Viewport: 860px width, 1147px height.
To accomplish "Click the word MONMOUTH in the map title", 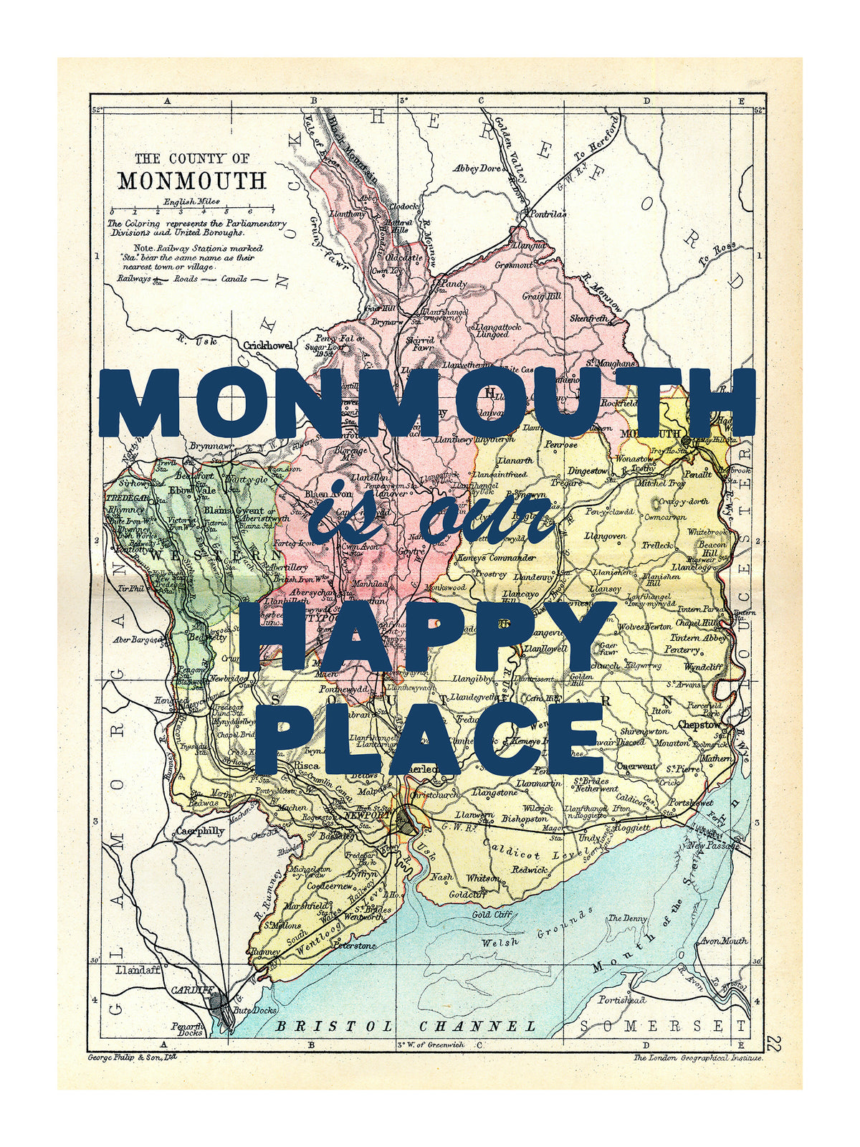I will point(191,180).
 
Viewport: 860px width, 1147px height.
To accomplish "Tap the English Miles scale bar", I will point(181,212).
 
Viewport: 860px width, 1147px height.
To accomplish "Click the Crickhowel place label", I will point(268,346).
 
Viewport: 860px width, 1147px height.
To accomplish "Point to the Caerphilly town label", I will point(200,832).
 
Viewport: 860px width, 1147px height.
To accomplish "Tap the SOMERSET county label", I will point(663,1027).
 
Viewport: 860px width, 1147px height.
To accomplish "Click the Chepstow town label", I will point(700,725).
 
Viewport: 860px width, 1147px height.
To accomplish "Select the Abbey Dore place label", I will point(477,168).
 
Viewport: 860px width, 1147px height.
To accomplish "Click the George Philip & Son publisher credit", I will point(131,1057).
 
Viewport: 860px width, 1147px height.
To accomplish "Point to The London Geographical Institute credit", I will point(698,1057).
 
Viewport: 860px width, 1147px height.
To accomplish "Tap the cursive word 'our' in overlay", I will point(487,518).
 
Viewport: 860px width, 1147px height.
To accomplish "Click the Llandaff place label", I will point(138,970).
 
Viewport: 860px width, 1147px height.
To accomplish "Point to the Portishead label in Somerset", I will point(621,999).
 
